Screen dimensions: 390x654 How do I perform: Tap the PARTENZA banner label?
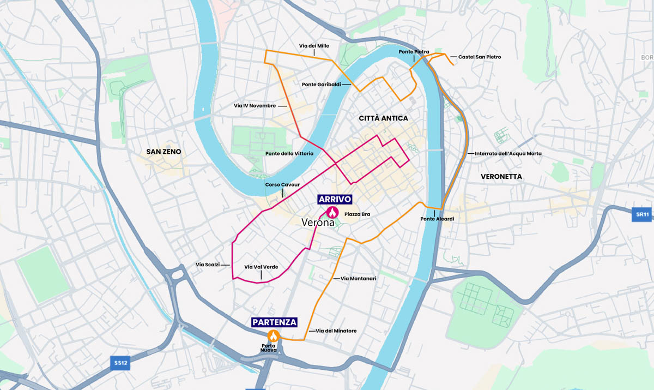pyautogui.click(x=274, y=322)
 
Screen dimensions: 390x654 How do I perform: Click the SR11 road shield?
pyautogui.click(x=643, y=214)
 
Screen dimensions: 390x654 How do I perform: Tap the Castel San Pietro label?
pyautogui.click(x=479, y=57)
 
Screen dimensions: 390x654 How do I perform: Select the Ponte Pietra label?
pyautogui.click(x=414, y=52)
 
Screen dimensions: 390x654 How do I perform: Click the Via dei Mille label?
pyautogui.click(x=313, y=46)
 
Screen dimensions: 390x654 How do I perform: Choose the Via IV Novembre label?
pyautogui.click(x=255, y=105)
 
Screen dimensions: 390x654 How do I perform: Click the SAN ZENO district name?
pyautogui.click(x=163, y=151)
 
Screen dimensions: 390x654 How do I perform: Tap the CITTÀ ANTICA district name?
pyautogui.click(x=383, y=118)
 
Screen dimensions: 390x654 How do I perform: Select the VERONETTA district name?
pyautogui.click(x=501, y=176)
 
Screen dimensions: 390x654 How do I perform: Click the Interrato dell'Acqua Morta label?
pyautogui.click(x=508, y=153)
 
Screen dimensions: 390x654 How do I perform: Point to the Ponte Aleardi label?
pyautogui.click(x=437, y=219)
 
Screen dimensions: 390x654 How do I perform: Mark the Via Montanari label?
pyautogui.click(x=359, y=278)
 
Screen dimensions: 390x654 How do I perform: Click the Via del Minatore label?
pyautogui.click(x=336, y=331)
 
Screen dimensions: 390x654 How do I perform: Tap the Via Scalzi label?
pyautogui.click(x=208, y=265)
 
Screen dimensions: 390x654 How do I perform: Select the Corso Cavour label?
pyautogui.click(x=282, y=184)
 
